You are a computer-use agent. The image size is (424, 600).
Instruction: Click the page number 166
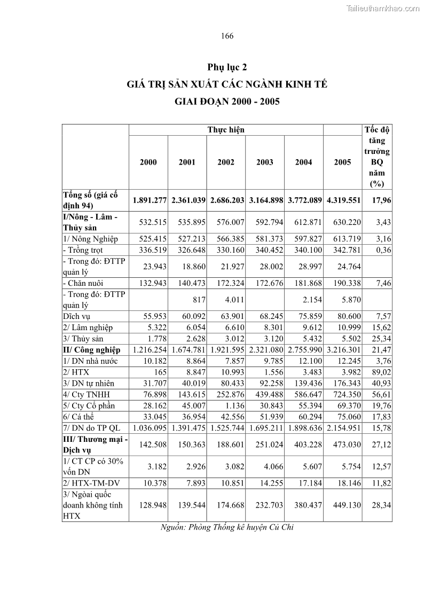point(227,36)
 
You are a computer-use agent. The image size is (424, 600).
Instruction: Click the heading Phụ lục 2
point(227,67)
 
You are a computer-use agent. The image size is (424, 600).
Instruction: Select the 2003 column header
point(265,162)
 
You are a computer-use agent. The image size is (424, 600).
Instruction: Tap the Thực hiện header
point(226,130)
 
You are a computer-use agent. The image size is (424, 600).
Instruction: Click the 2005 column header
point(342,162)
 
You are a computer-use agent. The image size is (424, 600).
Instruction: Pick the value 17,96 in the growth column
point(380,200)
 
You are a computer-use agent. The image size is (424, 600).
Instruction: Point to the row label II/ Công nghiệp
point(91,350)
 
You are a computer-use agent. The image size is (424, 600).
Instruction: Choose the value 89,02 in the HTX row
point(380,372)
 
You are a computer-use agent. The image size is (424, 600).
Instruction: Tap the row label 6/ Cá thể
point(81,417)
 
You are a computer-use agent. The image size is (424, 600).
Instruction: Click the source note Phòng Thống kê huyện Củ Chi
point(227,527)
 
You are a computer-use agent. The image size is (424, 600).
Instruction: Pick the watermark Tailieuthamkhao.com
point(383,8)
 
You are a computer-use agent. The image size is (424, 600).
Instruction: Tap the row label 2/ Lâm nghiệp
point(88,328)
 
